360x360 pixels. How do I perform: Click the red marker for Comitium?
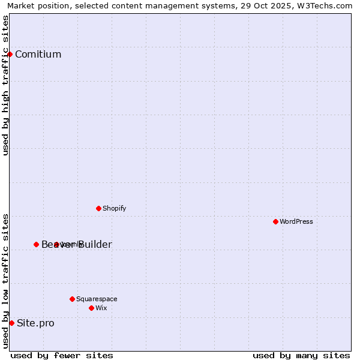click(x=10, y=54)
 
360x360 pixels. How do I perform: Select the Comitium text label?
click(x=38, y=55)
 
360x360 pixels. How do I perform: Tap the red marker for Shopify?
click(x=98, y=208)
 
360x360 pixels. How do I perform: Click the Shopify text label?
click(x=114, y=208)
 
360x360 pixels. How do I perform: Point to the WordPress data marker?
click(x=275, y=221)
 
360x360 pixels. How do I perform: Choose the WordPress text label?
click(x=296, y=221)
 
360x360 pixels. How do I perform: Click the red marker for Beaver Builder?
click(x=36, y=244)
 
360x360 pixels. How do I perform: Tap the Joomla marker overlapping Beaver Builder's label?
click(x=56, y=244)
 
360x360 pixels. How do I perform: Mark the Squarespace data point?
click(x=72, y=299)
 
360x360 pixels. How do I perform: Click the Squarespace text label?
click(x=97, y=299)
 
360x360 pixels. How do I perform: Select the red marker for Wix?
click(x=91, y=308)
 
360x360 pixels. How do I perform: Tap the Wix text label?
click(x=101, y=308)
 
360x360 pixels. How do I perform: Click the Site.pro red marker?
click(x=11, y=323)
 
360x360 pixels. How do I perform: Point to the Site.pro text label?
click(x=35, y=323)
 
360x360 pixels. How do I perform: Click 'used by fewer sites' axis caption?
click(x=62, y=355)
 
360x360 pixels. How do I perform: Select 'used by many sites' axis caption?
click(x=301, y=355)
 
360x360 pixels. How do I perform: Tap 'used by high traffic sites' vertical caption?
click(x=5, y=85)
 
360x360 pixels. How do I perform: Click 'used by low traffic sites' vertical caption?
click(x=5, y=280)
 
